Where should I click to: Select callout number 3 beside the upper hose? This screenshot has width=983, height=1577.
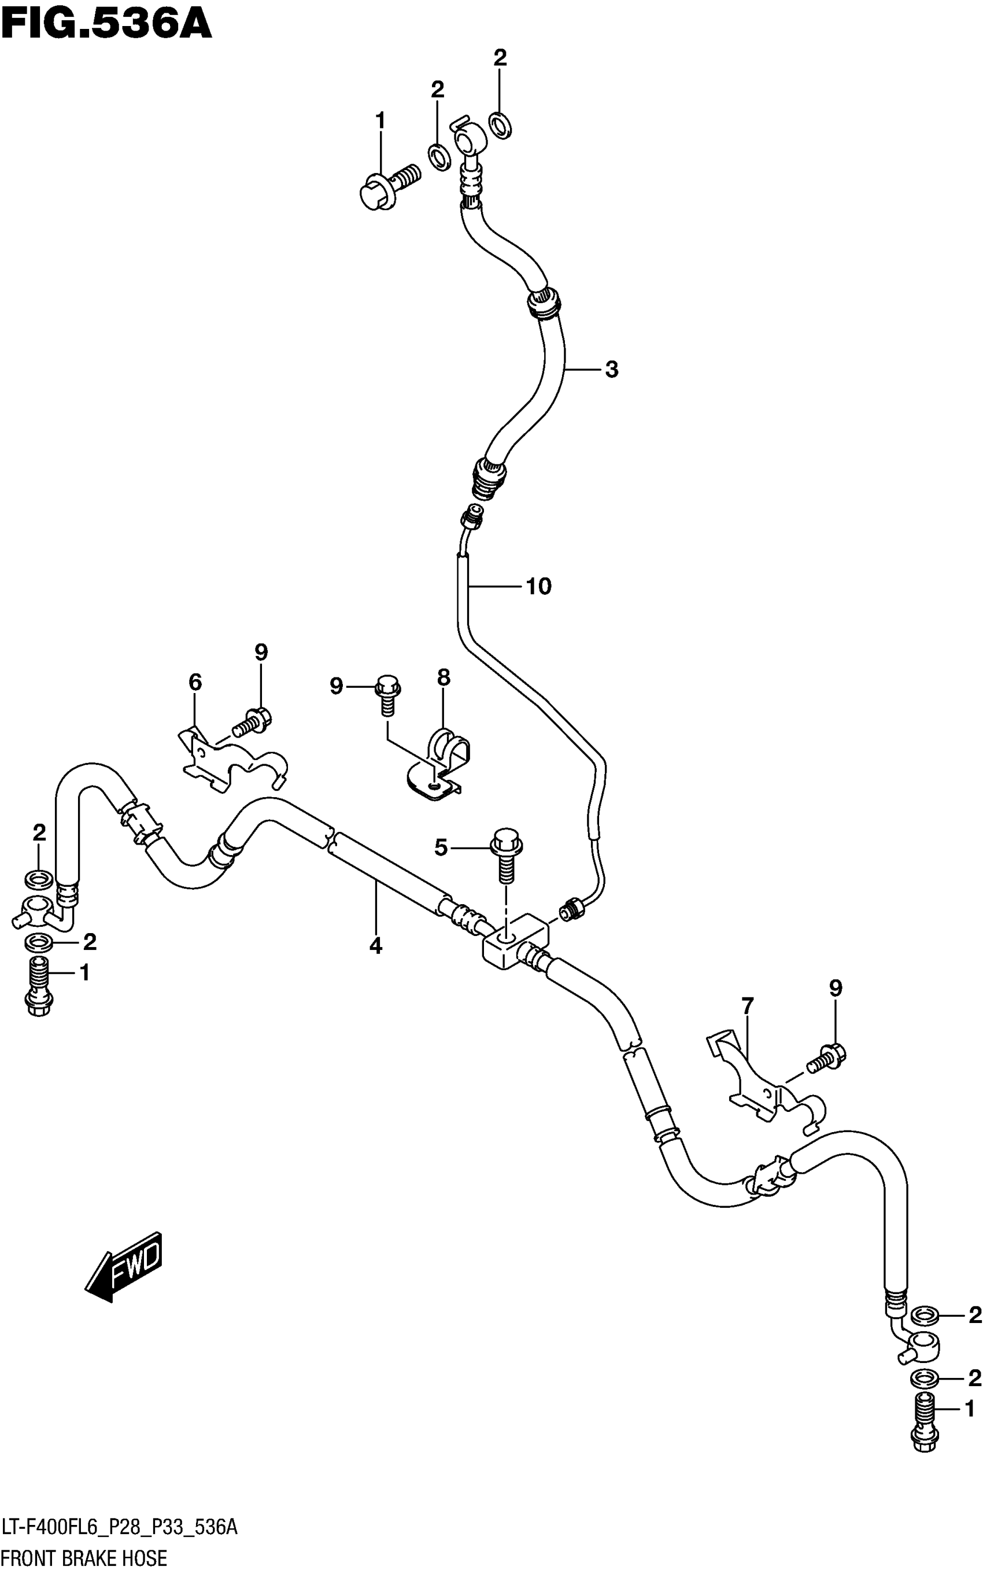(611, 370)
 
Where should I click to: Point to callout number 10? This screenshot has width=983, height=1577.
(538, 587)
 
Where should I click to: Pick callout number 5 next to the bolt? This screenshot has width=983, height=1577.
(441, 848)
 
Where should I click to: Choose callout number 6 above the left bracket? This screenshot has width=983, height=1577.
(195, 681)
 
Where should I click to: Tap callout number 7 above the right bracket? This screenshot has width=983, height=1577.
(748, 1006)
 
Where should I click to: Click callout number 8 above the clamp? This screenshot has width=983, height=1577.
(444, 677)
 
